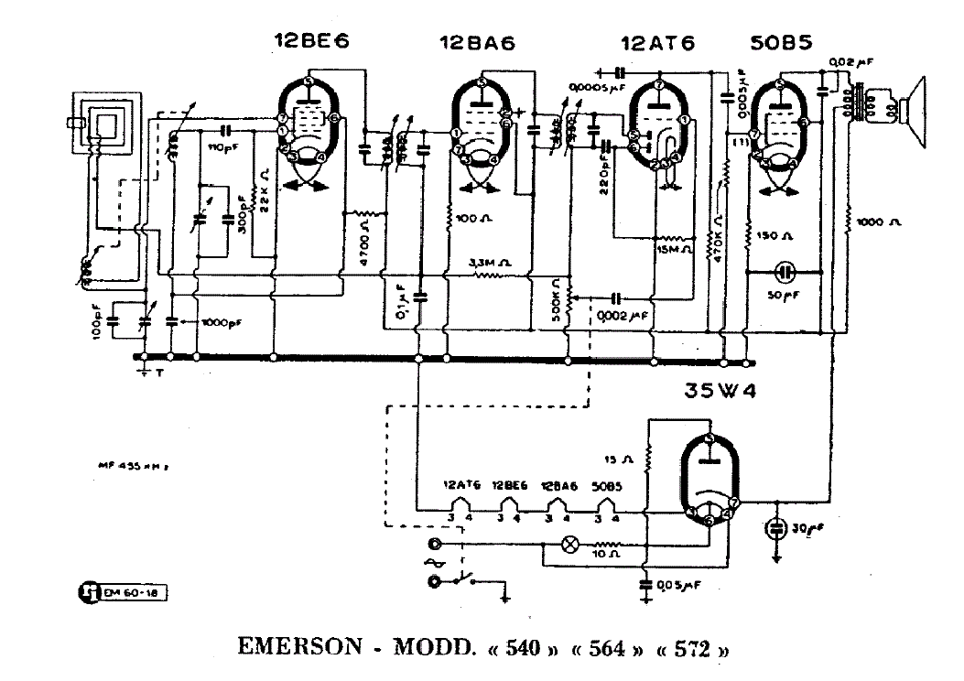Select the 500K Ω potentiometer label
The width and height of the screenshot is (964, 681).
pyautogui.click(x=557, y=299)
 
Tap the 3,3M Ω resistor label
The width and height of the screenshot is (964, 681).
pyautogui.click(x=491, y=263)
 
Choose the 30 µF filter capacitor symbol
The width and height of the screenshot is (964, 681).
pyautogui.click(x=776, y=530)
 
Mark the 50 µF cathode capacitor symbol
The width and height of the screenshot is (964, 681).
pyautogui.click(x=785, y=272)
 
